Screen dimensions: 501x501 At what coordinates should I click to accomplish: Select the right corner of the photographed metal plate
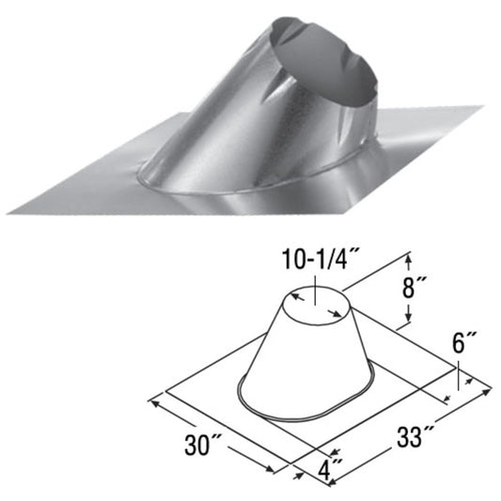pyautogui.click(x=481, y=109)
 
